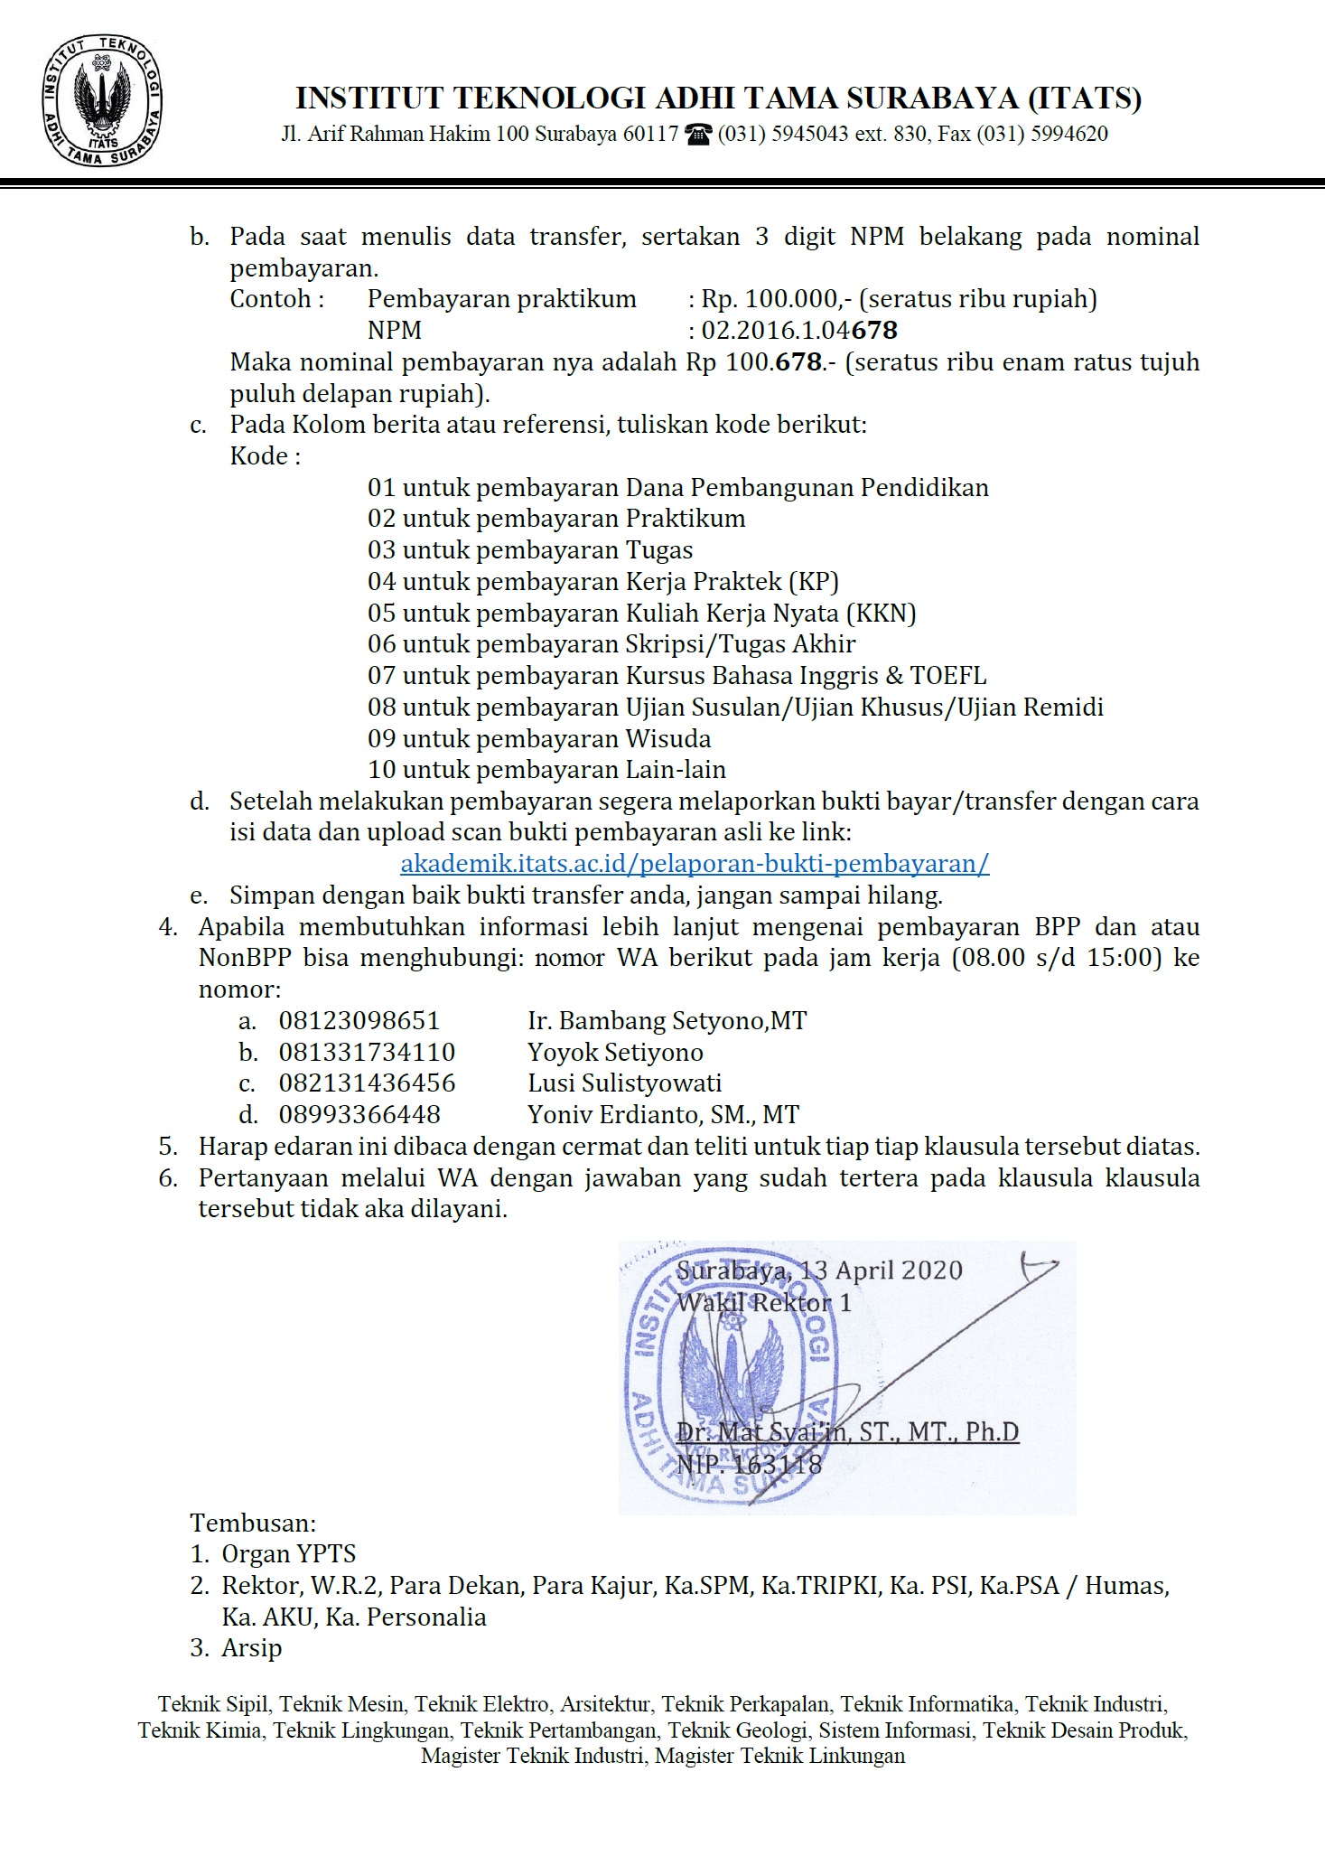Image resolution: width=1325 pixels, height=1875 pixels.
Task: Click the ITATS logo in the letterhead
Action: click(x=101, y=102)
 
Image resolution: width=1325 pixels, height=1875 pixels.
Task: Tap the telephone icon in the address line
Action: click(x=698, y=135)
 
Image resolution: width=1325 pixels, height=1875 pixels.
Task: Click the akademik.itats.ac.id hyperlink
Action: click(x=695, y=864)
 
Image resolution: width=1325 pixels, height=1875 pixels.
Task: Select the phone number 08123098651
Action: click(x=359, y=1021)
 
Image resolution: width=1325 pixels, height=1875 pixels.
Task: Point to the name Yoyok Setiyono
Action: click(x=615, y=1053)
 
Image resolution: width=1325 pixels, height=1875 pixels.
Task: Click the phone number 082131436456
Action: click(x=367, y=1083)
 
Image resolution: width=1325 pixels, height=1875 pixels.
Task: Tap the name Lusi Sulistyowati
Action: click(x=624, y=1083)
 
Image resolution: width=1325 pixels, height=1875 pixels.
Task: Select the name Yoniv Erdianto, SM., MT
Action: click(x=663, y=1115)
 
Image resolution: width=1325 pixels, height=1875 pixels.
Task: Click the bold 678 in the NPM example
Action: click(x=874, y=331)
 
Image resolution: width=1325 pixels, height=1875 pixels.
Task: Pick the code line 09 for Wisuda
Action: click(x=538, y=739)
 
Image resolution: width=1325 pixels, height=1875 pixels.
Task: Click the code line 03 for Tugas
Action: click(x=529, y=550)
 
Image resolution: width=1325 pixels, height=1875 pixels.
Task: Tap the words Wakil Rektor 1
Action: click(x=764, y=1303)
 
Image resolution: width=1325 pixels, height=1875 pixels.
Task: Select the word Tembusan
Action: click(x=253, y=1523)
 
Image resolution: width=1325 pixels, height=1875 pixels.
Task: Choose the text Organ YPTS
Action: click(x=289, y=1554)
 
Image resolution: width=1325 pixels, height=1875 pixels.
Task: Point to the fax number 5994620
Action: click(x=1069, y=135)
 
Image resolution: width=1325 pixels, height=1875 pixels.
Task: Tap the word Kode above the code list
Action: click(x=259, y=456)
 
